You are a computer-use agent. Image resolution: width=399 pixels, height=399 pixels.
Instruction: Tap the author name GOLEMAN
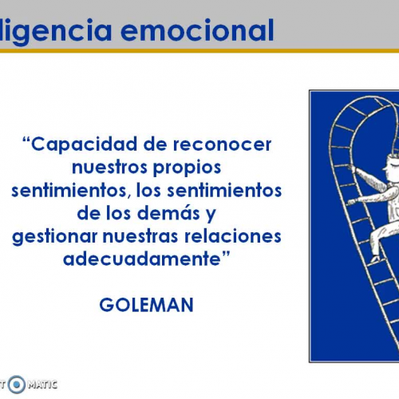point(147,304)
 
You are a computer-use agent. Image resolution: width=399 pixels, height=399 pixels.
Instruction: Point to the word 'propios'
point(189,168)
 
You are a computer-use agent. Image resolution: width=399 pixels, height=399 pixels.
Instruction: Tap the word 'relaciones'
point(239,237)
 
